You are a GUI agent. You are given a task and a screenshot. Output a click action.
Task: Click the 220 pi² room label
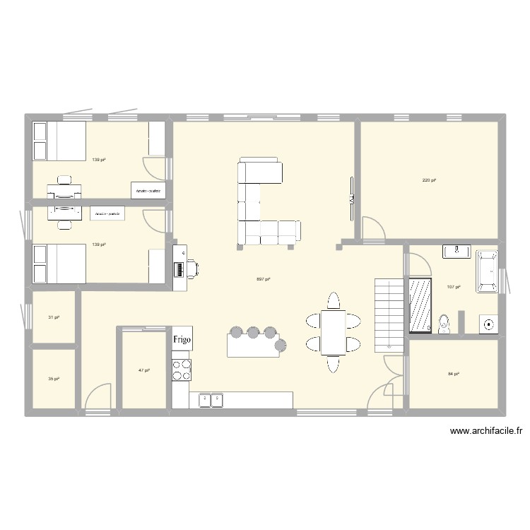429,181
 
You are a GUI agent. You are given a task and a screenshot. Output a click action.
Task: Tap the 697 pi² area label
263,278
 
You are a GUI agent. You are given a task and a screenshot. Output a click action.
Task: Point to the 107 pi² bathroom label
454,287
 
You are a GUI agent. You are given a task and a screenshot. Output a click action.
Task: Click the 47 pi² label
143,370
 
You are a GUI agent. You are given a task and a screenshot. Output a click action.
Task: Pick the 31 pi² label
54,317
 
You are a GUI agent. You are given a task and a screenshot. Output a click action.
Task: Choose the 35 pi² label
54,379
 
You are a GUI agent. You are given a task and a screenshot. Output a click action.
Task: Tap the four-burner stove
182,368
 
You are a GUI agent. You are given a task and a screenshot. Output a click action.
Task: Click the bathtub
487,271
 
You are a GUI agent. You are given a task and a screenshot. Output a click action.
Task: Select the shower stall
421,304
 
